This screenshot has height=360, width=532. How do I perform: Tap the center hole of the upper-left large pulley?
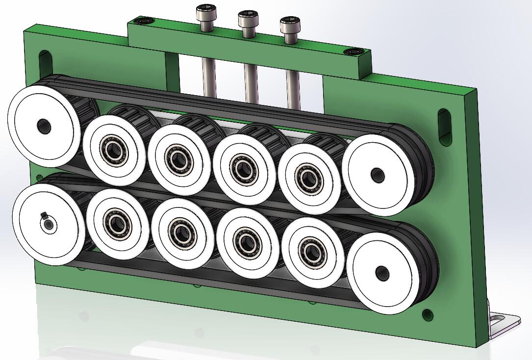tap(44, 126)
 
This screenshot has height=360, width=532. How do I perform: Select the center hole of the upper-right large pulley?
tap(377, 174)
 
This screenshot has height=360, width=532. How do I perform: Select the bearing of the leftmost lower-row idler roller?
tap(118, 224)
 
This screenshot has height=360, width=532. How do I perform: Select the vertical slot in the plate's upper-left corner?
tap(44, 62)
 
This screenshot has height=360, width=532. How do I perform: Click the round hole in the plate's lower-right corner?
tap(428, 314)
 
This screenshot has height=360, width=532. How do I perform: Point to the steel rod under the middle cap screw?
tap(251, 83)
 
